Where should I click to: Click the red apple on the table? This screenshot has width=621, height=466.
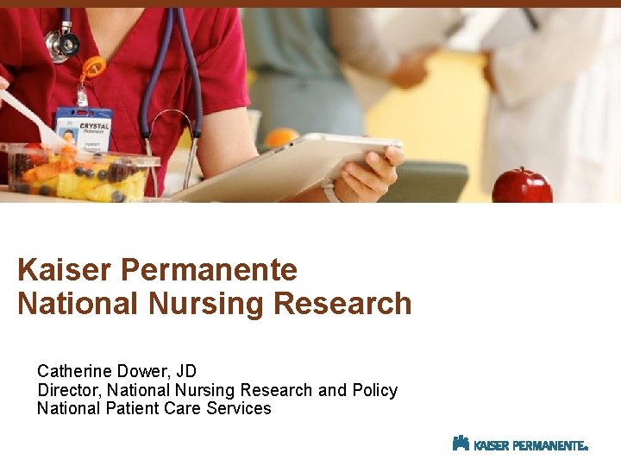pyautogui.click(x=522, y=186)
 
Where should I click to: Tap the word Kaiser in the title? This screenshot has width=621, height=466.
pyautogui.click(x=66, y=270)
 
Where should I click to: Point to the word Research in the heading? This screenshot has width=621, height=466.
pyautogui.click(x=342, y=304)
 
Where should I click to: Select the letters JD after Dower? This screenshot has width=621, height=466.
pyautogui.click(x=186, y=371)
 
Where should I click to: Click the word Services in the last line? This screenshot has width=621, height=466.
pyautogui.click(x=239, y=408)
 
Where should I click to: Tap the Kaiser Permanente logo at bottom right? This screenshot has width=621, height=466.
pyautogui.click(x=519, y=444)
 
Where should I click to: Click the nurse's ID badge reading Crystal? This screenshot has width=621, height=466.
pyautogui.click(x=84, y=129)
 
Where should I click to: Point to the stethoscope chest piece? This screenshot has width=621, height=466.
pyautogui.click(x=61, y=43)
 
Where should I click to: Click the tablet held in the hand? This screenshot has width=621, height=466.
pyautogui.click(x=276, y=169)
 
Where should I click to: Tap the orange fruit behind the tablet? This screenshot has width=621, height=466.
pyautogui.click(x=281, y=137)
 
